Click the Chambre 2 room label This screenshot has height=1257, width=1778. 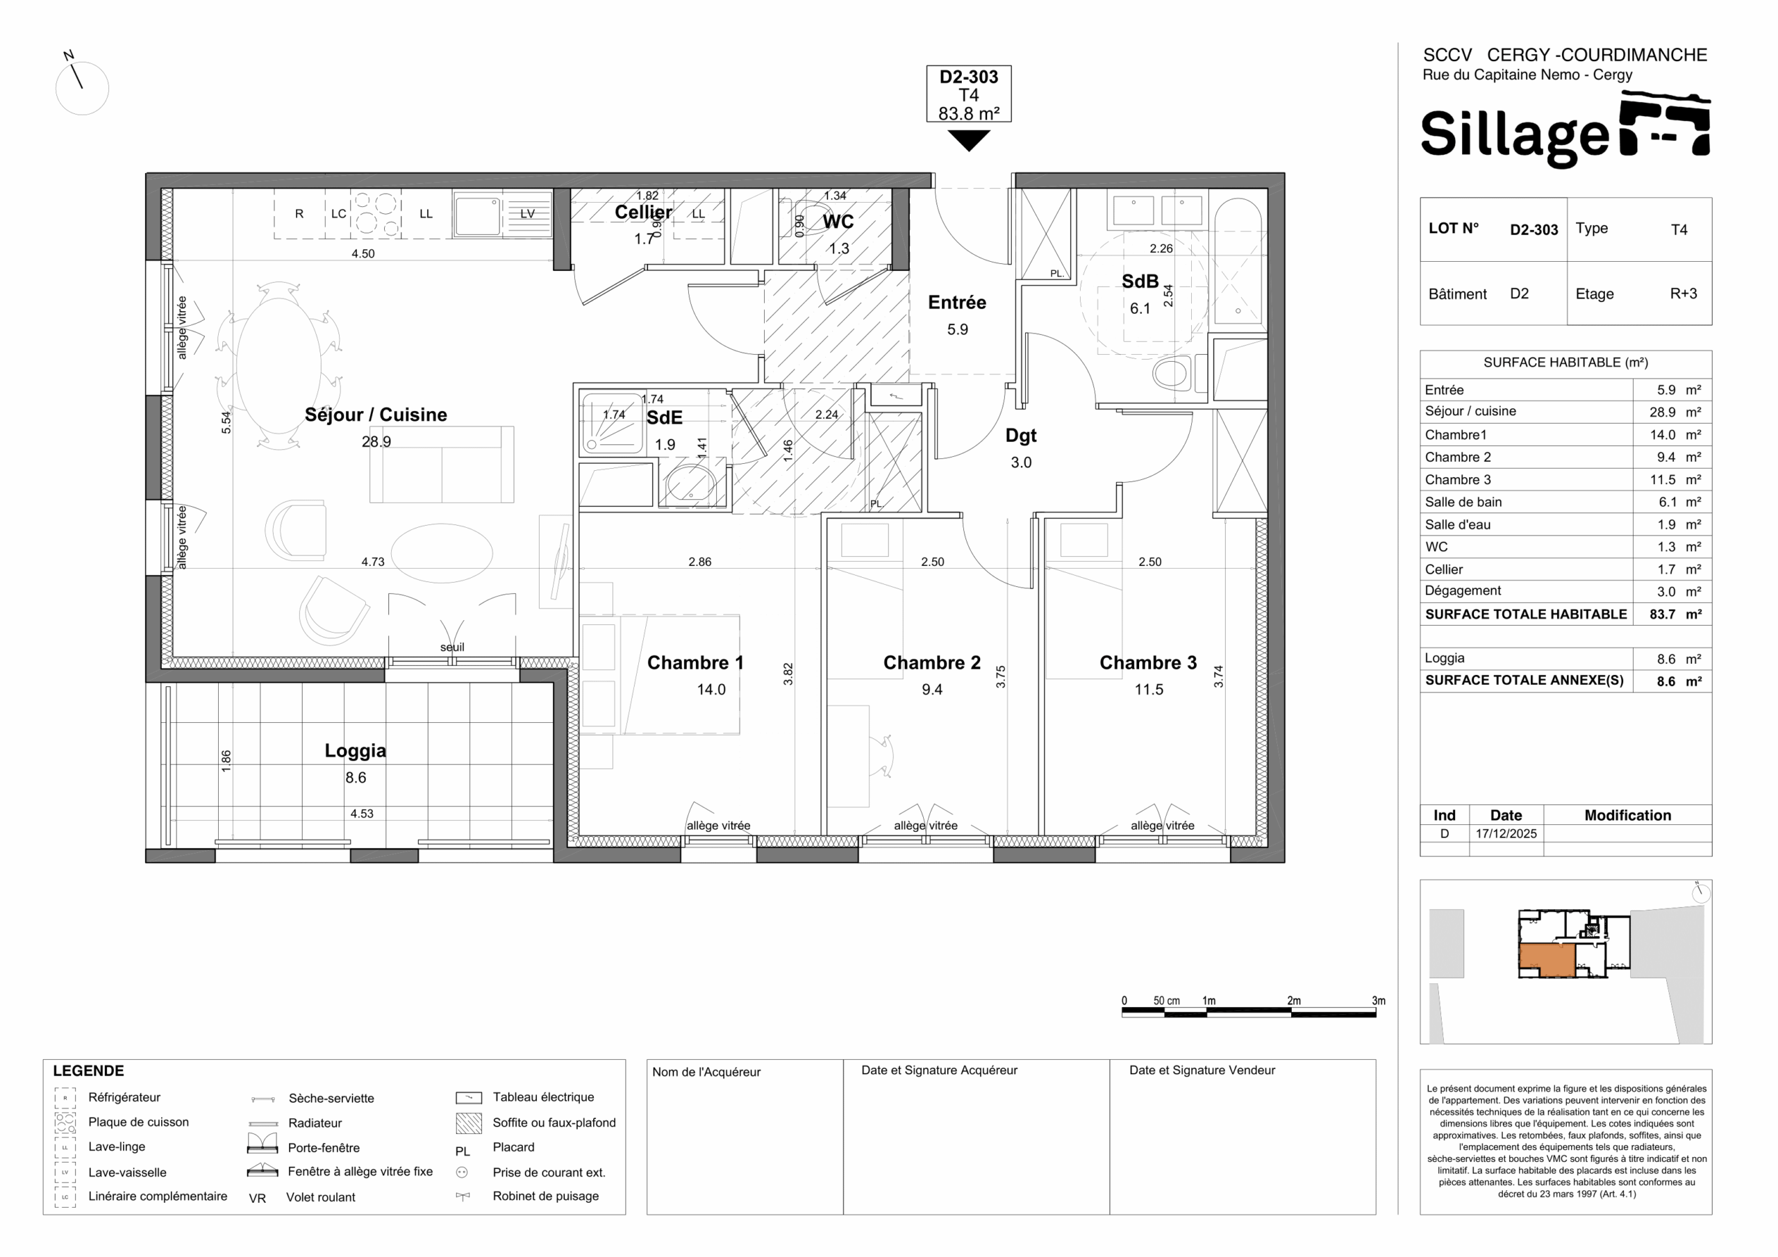coord(931,663)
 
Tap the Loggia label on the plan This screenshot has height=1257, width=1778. coord(356,751)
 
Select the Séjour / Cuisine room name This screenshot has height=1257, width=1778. coord(376,415)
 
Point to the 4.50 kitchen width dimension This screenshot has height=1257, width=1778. coord(363,254)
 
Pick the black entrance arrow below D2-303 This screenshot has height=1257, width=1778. coord(969,140)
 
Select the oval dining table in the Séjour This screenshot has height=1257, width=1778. coord(278,364)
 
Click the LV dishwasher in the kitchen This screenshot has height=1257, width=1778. coord(527,215)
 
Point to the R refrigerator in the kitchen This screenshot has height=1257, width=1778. coord(299,215)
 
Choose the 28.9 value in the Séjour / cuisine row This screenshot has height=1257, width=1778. coord(1662,413)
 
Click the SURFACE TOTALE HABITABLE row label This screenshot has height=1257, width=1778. coord(1526,614)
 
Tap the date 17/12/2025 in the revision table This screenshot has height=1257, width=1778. coord(1506,833)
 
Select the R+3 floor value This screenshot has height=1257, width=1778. coord(1684,294)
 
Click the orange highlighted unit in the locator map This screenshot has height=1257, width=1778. coord(1547,960)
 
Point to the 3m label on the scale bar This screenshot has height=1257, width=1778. coord(1379,1001)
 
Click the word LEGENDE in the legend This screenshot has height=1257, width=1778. coord(88,1071)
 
